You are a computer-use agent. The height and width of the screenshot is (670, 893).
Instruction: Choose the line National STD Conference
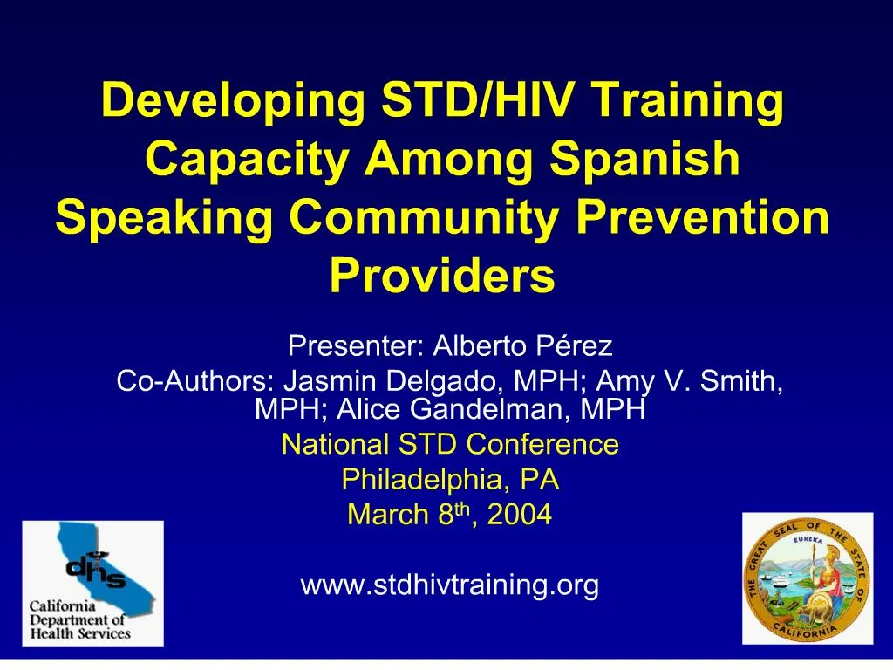[450, 445]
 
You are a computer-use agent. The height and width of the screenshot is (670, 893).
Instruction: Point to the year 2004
[520, 516]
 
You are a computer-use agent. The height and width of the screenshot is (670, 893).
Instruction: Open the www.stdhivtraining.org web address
[450, 585]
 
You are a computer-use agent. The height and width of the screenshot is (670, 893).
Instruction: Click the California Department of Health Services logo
[92, 584]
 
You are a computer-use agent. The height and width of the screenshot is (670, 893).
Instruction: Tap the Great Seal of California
[807, 578]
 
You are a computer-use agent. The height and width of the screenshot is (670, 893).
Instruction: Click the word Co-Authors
[194, 382]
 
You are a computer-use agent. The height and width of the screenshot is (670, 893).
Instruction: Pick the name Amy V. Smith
[689, 382]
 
